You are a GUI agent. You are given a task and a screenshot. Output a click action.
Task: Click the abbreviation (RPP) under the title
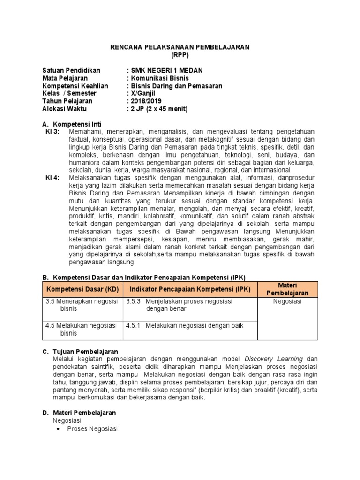pos(180,55)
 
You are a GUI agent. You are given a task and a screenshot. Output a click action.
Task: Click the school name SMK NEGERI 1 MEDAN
pos(167,71)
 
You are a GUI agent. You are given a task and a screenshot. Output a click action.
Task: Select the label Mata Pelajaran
pos(65,78)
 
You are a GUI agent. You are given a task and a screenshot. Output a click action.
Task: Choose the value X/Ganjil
pos(144,93)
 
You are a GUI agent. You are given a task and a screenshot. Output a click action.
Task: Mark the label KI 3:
pos(52,132)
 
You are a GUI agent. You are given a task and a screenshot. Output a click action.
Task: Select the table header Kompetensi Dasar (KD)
pos(82,289)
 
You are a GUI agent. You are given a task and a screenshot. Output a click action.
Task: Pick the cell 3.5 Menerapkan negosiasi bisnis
pos(82,305)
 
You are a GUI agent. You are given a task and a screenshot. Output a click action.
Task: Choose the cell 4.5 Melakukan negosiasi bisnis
pos(82,329)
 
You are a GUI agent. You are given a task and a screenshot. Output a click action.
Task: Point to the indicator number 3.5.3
pos(134,301)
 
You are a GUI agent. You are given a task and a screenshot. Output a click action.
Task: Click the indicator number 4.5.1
pos(134,325)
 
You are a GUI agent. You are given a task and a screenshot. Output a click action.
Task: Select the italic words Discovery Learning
pos(273,359)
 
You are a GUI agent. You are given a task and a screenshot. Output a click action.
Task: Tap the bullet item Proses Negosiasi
pos(93,429)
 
